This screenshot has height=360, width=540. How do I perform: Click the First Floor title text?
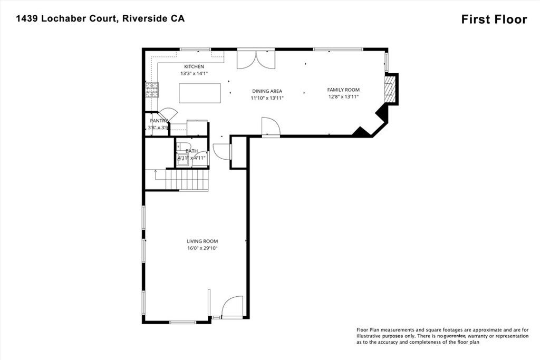pyautogui.click(x=494, y=20)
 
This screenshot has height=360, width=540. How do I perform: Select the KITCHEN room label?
pyautogui.click(x=194, y=66)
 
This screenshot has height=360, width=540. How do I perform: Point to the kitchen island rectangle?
pyautogui.click(x=200, y=93)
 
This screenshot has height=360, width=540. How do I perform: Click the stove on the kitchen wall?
pyautogui.click(x=152, y=90)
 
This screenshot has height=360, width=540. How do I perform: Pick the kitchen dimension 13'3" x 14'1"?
pyautogui.click(x=194, y=74)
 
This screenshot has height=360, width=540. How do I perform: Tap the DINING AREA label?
pyautogui.click(x=267, y=91)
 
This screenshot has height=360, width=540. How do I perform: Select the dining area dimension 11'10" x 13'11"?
pyautogui.click(x=267, y=98)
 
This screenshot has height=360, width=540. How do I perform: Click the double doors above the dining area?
pyautogui.click(x=256, y=59)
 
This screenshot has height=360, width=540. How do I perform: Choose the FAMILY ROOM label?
pyautogui.click(x=343, y=90)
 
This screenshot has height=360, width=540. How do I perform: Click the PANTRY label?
pyautogui.click(x=159, y=121)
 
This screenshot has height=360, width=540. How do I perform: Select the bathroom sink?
pyautogui.click(x=181, y=160)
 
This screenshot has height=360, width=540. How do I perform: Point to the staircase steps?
pyautogui.click(x=187, y=179)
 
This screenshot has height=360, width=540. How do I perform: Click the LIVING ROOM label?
pyautogui.click(x=202, y=241)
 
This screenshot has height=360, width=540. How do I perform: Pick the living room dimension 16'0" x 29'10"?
pyautogui.click(x=202, y=248)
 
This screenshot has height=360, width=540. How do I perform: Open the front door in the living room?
pyautogui.click(x=232, y=307)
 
